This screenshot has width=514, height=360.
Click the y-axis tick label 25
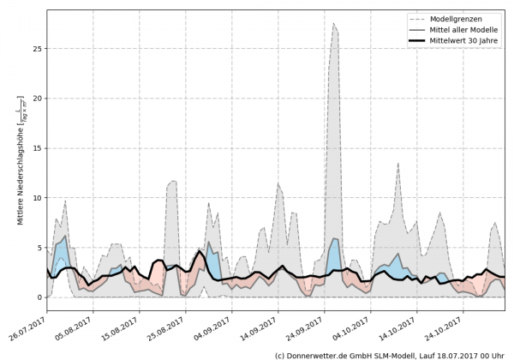[36, 49]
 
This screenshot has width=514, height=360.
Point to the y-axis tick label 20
[36, 99]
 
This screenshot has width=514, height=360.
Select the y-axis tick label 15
[36, 148]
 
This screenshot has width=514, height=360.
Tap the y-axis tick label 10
[36, 198]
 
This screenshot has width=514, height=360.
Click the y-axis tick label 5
[39, 248]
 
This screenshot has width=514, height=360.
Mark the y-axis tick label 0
[39, 297]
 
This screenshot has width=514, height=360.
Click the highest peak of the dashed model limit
[334, 24]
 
